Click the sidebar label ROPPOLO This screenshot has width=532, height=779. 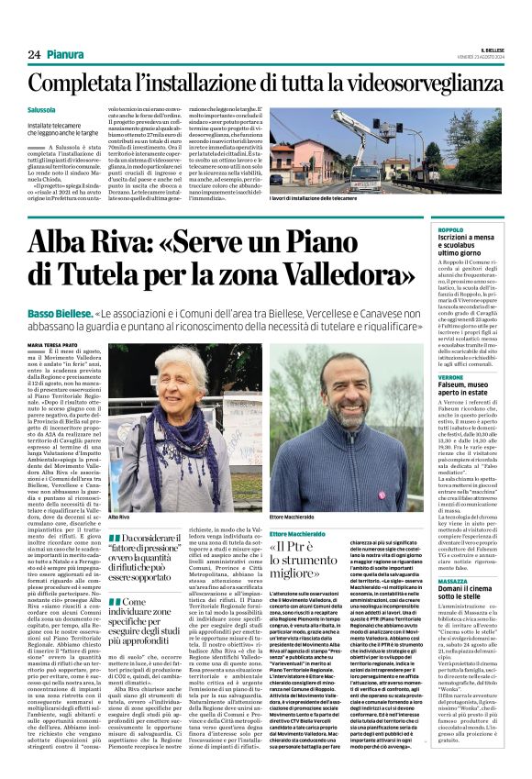click(452, 229)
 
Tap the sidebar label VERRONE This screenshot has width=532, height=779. click(452, 377)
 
